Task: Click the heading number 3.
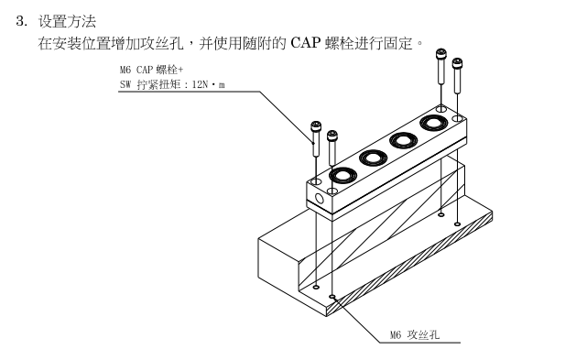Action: (21, 21)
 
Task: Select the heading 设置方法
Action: (67, 21)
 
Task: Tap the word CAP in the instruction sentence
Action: (305, 43)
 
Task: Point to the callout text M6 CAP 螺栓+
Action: (151, 70)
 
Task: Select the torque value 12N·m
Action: (208, 85)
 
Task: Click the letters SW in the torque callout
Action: (125, 85)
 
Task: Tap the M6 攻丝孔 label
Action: (414, 334)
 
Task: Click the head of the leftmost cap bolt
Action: (316, 126)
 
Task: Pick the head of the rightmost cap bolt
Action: (457, 63)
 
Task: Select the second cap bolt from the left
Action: (332, 147)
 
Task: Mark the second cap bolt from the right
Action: (441, 67)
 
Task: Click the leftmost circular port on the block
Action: (343, 175)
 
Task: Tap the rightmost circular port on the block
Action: (434, 123)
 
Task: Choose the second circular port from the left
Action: (374, 158)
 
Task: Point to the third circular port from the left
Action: (404, 140)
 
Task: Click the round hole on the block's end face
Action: (320, 200)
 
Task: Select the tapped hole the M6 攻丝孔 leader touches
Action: (332, 296)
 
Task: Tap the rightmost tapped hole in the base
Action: (457, 224)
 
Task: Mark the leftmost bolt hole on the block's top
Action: (316, 181)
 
